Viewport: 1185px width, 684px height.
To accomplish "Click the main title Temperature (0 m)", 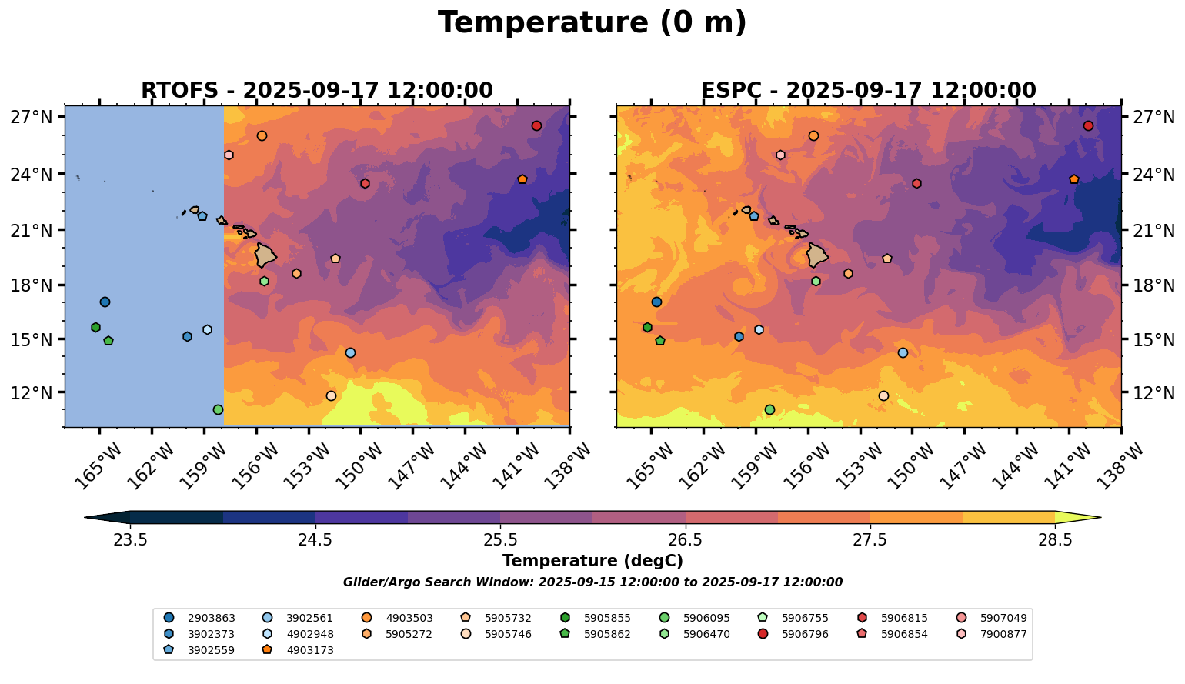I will pos(592,22).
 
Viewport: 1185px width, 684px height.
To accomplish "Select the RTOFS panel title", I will pos(316,91).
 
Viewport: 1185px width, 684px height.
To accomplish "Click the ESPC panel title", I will pos(868,91).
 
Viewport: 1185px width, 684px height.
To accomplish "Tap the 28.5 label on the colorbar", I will pos(1054,539).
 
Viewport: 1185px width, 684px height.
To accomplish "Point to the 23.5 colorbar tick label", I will pos(130,539).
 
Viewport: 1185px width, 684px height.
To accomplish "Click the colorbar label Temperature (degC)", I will pos(592,561).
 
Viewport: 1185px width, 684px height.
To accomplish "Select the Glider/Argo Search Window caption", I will pos(592,582).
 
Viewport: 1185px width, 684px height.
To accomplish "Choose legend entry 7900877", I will pos(1003,634).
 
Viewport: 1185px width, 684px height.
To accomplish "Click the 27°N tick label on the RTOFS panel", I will pos(32,117).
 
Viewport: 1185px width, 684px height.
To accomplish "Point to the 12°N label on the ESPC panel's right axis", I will pos(1154,392).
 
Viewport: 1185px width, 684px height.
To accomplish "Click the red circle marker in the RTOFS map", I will pos(536,125).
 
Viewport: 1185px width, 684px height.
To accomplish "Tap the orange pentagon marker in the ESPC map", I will pos(1074,179).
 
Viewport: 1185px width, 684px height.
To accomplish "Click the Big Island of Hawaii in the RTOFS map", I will pos(266,255).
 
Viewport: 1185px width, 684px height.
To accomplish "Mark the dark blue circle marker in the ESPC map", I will pos(656,302).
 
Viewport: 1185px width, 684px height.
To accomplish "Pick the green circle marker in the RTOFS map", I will pos(218,409).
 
